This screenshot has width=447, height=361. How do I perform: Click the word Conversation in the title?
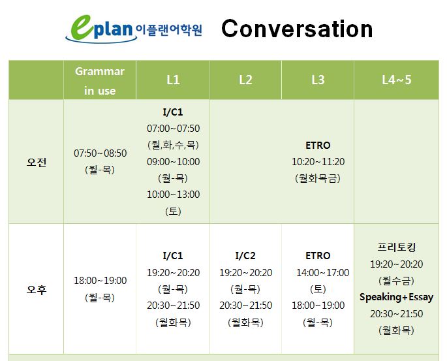tap(297, 29)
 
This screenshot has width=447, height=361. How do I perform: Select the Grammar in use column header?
tap(100, 81)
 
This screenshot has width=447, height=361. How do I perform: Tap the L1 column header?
tap(173, 80)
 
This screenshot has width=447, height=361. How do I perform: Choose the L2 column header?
tap(245, 80)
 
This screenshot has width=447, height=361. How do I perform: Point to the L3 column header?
tap(318, 80)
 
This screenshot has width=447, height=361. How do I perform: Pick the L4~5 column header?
tap(397, 80)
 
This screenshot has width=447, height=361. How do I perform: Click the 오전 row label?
tap(36, 163)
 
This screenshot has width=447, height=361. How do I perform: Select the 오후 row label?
tap(36, 290)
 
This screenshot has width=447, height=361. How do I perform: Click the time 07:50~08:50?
tap(100, 153)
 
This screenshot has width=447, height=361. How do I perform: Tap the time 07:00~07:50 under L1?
tap(173, 129)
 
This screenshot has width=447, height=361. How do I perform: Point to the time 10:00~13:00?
tap(173, 195)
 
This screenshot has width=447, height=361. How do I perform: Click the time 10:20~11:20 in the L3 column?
tap(318, 162)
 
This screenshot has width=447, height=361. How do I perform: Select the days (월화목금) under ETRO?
tap(318, 178)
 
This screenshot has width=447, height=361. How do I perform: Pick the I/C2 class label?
tap(245, 255)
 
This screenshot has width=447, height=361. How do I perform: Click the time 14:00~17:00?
tap(323, 273)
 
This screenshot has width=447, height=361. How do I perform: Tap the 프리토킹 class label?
tap(397, 247)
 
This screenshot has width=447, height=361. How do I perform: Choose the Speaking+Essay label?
tap(397, 297)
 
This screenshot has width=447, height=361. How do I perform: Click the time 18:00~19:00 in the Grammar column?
tap(100, 281)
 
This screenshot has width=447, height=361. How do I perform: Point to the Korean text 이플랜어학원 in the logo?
tap(169, 30)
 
